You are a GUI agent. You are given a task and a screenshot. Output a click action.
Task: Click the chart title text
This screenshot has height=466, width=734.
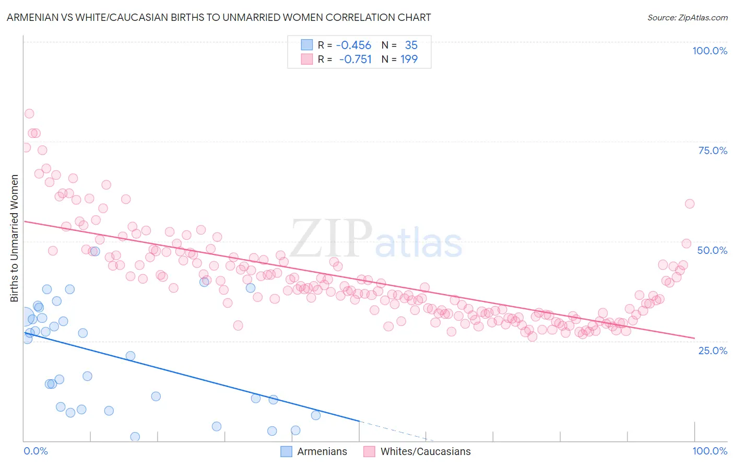(x=219, y=17)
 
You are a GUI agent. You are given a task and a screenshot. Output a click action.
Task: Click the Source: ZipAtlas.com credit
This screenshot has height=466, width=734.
(x=687, y=17)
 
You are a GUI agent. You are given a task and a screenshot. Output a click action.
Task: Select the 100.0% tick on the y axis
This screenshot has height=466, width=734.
(x=709, y=51)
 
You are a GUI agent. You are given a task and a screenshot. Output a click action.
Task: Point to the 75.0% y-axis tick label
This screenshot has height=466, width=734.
(x=713, y=150)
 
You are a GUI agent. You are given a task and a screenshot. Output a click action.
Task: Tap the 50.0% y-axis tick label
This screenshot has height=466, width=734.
(x=712, y=250)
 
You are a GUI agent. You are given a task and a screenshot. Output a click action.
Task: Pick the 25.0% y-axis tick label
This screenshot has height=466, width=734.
(x=713, y=350)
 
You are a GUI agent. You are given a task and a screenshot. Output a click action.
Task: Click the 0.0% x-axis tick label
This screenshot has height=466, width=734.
(x=35, y=451)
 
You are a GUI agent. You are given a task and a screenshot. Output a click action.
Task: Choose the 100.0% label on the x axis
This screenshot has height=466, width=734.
(x=709, y=451)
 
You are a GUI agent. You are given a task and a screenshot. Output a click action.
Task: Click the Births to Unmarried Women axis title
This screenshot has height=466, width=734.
(x=14, y=238)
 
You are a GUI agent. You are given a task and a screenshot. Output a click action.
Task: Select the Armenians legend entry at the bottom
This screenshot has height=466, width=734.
(x=314, y=451)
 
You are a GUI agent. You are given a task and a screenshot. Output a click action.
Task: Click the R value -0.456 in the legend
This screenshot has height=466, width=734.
(x=353, y=45)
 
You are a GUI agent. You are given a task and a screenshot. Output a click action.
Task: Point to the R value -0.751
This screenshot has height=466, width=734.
(x=355, y=60)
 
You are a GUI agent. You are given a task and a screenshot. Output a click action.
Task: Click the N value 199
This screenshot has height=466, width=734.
(x=409, y=60)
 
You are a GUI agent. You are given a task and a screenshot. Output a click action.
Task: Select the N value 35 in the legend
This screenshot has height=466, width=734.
(x=411, y=45)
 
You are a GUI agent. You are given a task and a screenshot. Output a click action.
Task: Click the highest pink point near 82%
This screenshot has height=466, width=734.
(x=29, y=114)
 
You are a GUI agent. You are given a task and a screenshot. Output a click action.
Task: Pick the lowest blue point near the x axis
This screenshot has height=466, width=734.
(x=135, y=437)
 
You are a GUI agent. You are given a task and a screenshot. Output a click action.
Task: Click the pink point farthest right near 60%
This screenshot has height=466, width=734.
(x=690, y=204)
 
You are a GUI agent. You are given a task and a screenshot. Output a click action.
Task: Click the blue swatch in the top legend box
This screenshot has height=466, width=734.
(x=306, y=45)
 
